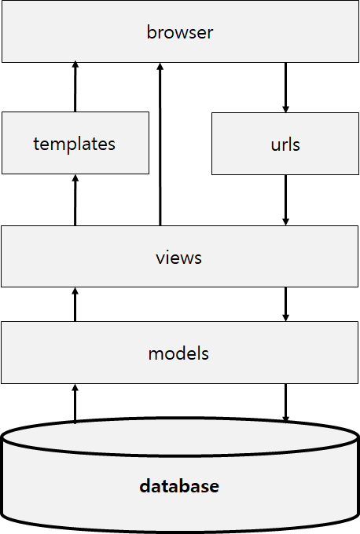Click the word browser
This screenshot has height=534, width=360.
pyautogui.click(x=180, y=33)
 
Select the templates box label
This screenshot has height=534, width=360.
pyautogui.click(x=75, y=144)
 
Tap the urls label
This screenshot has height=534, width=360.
pyautogui.click(x=285, y=145)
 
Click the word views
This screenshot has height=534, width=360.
pyautogui.click(x=179, y=258)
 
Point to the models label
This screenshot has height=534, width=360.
pyautogui.click(x=179, y=353)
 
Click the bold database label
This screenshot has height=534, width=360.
pyautogui.click(x=179, y=486)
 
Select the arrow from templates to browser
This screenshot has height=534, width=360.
pyautogui.click(x=75, y=88)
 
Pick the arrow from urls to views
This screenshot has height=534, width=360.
pyautogui.click(x=285, y=200)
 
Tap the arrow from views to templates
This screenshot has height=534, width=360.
pyautogui.click(x=75, y=200)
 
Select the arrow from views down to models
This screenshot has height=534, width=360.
pyautogui.click(x=285, y=304)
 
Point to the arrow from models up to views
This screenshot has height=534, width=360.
pyautogui.click(x=75, y=304)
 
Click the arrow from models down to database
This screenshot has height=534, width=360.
pyautogui.click(x=285, y=402)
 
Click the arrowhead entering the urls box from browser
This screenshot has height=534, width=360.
pyautogui.click(x=285, y=108)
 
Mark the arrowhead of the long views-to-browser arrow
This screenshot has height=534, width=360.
pyautogui.click(x=160, y=68)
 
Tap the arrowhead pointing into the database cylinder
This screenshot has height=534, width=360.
pyautogui.click(x=285, y=416)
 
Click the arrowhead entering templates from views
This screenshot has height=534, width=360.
pyautogui.click(x=75, y=179)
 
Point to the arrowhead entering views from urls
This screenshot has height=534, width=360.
pyautogui.click(x=285, y=221)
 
